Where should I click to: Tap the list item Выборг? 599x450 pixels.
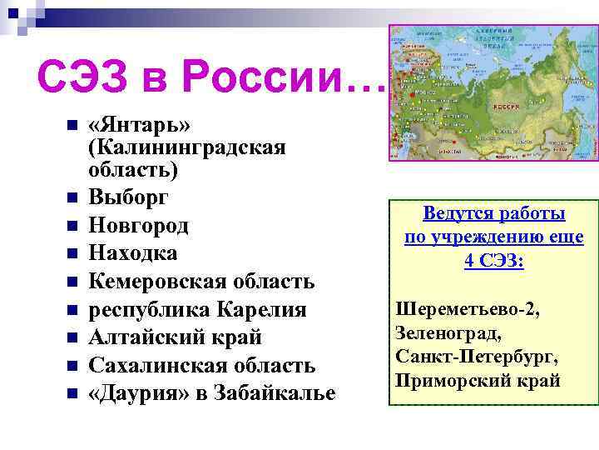tap(129, 198)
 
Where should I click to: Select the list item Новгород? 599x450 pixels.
tap(138, 226)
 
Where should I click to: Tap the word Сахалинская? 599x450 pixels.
tap(156, 365)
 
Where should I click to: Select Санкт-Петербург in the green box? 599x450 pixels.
tap(477, 357)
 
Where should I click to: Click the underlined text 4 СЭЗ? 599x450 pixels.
tap(494, 261)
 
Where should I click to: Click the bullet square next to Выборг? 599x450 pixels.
tap(72, 198)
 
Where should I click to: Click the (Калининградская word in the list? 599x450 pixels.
tap(187, 148)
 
